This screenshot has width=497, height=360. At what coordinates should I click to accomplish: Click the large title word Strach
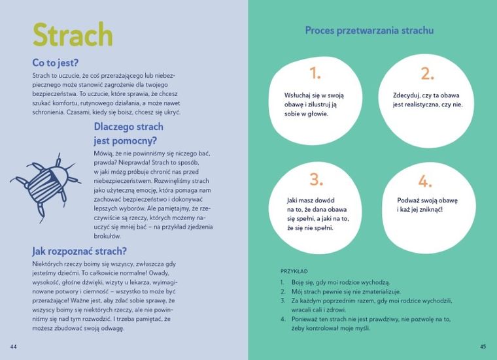[73, 37]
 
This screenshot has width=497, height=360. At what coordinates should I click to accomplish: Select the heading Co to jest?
[56, 63]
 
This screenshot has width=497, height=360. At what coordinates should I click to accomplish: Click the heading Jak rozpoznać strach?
[79, 251]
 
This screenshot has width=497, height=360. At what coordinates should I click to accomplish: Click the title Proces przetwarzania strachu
[369, 30]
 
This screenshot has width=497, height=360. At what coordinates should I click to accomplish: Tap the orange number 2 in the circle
[427, 73]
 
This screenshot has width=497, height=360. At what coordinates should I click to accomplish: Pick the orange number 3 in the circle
[317, 180]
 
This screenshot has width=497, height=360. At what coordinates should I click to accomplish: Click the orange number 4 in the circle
[425, 181]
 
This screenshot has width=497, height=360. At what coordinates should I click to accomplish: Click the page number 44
[13, 346]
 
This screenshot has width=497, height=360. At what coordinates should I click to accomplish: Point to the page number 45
[483, 346]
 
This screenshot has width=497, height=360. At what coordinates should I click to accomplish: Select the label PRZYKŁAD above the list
[294, 270]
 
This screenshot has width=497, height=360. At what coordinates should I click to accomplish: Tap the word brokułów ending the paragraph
[107, 235]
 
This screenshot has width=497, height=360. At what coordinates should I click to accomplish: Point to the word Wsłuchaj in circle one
[300, 94]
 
